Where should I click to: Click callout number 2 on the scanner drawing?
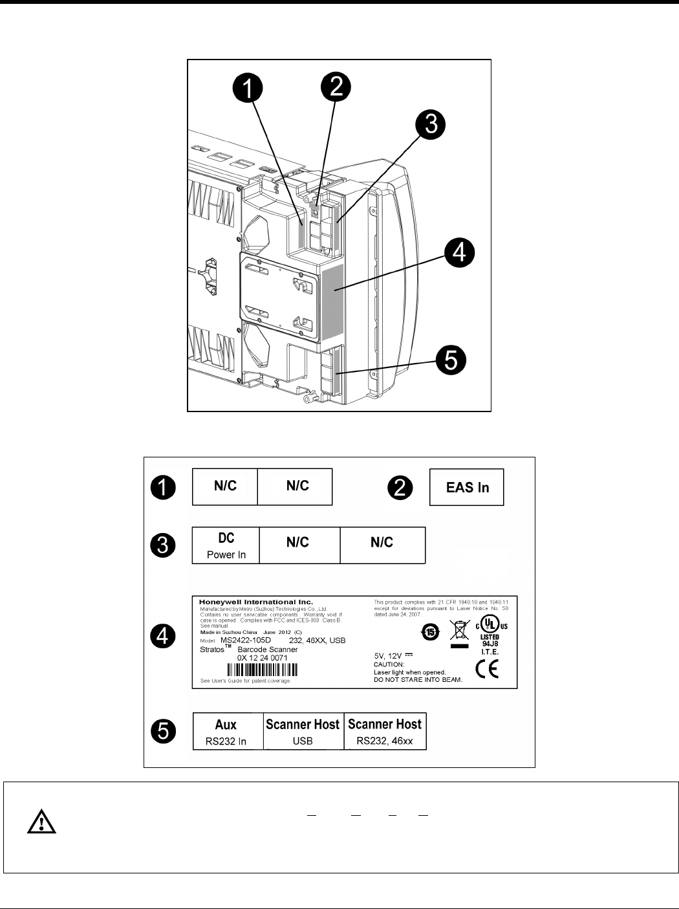tap(336, 87)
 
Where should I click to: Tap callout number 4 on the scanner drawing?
tap(459, 252)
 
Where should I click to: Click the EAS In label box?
tap(467, 487)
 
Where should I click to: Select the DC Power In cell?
tap(226, 545)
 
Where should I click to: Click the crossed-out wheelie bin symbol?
tap(459, 630)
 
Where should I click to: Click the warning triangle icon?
tap(41, 822)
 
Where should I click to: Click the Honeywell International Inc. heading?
tap(246, 602)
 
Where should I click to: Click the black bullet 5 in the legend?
tap(162, 732)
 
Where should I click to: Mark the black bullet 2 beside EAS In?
tap(400, 487)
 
